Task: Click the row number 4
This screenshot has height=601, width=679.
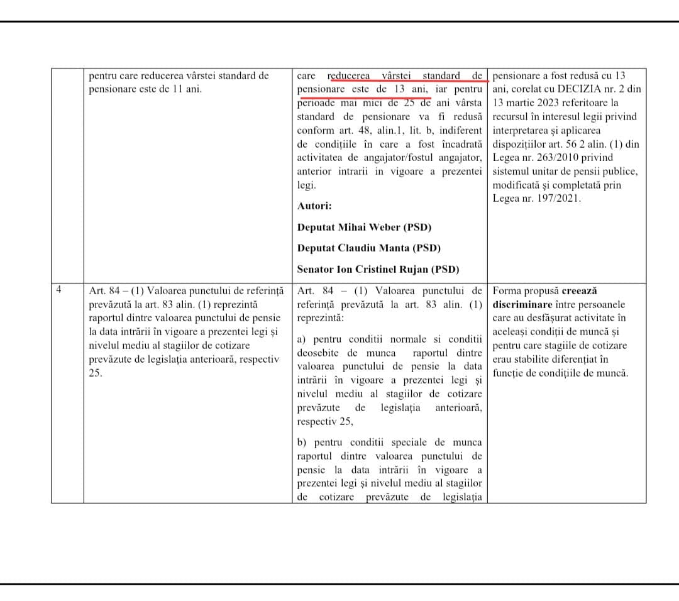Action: tap(58, 290)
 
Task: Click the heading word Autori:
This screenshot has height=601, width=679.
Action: tap(314, 206)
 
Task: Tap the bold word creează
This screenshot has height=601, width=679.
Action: tap(579, 290)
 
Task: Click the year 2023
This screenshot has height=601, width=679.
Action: tap(553, 102)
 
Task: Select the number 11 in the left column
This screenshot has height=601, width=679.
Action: tap(177, 89)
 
